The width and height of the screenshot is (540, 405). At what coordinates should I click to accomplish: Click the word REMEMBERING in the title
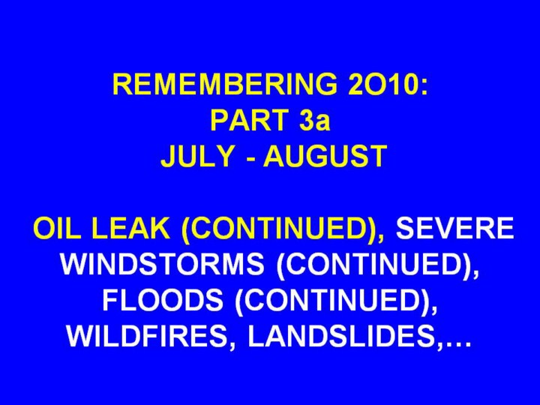225,84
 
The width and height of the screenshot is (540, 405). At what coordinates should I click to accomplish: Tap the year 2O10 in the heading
381,84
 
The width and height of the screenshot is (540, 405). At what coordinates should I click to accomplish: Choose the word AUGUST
325,156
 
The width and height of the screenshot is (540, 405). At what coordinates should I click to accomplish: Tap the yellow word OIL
54,228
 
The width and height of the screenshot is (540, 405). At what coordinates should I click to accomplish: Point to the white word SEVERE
455,228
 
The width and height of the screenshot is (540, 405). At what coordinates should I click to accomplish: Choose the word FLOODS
163,300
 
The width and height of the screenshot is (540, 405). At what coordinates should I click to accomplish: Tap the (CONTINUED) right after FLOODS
333,301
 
